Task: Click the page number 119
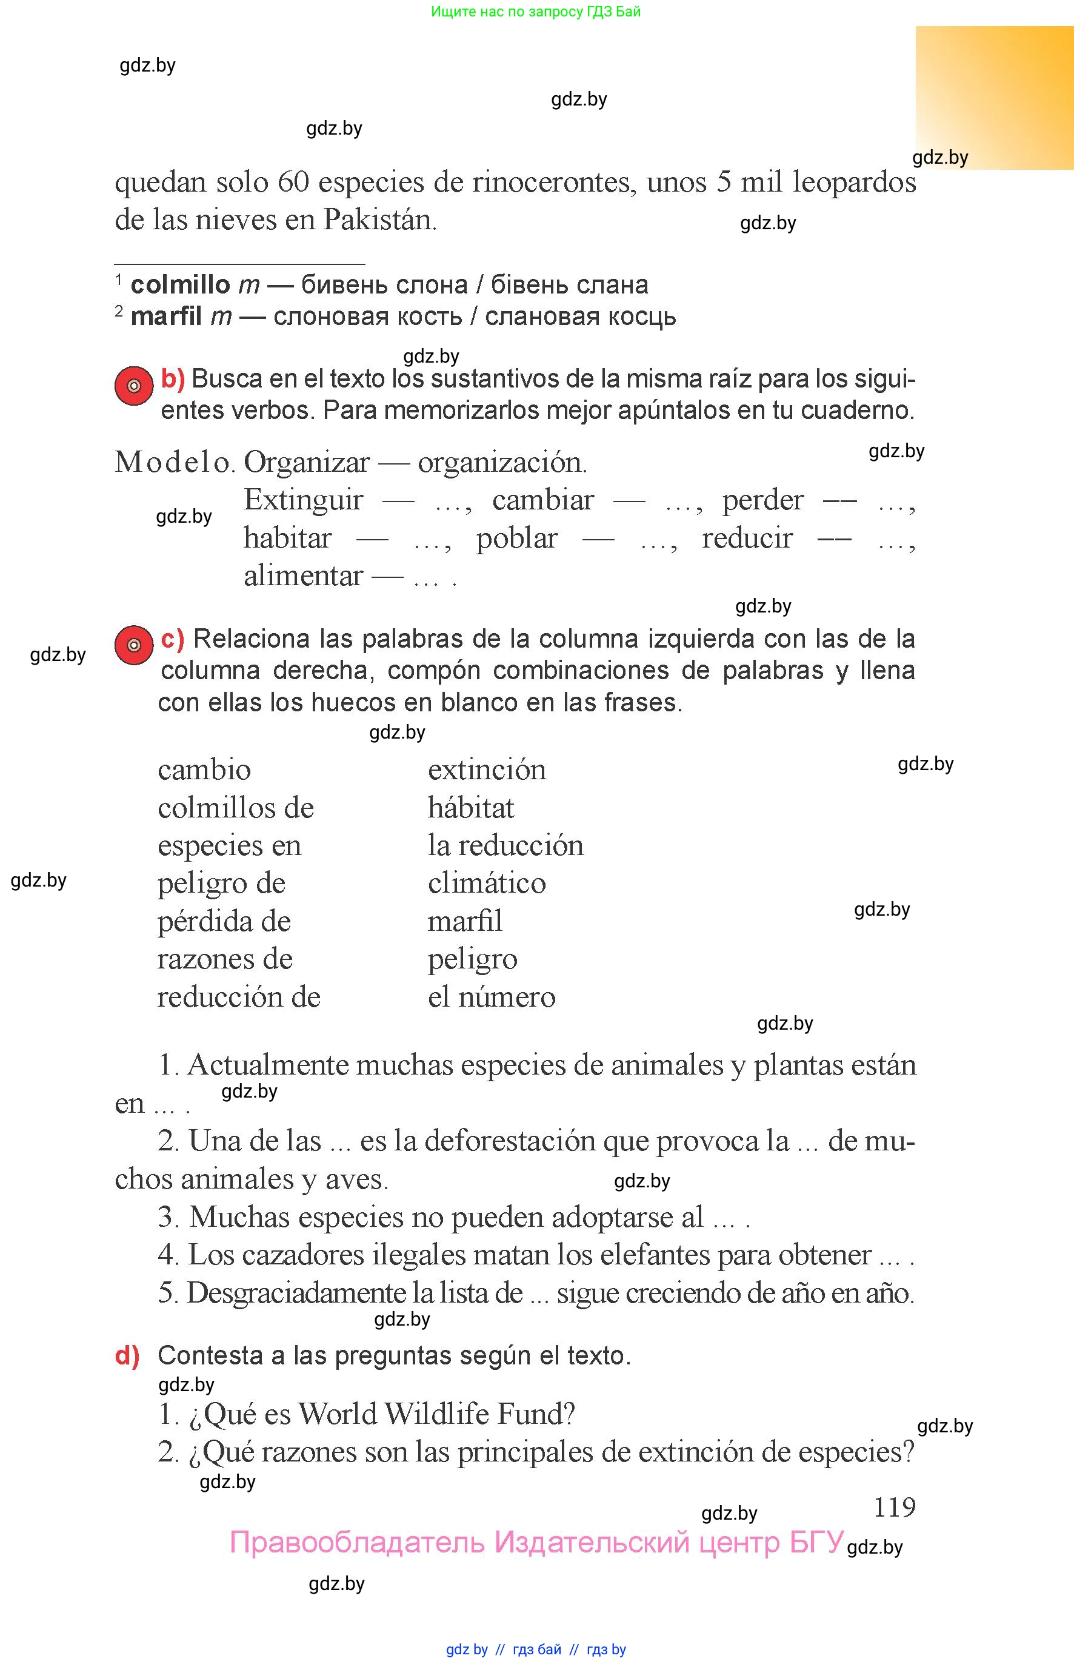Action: (894, 1507)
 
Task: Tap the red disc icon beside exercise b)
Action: (134, 385)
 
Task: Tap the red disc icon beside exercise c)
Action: (134, 645)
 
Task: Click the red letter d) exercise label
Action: (127, 1355)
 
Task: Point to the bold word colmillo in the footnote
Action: (180, 284)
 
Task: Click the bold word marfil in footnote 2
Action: (166, 317)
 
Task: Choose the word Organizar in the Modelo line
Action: (307, 462)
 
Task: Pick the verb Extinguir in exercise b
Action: (304, 500)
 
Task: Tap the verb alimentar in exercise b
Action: (304, 575)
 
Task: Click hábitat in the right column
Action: (471, 808)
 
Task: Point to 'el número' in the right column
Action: (492, 996)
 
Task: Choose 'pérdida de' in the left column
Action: (224, 921)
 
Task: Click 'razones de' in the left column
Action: (225, 959)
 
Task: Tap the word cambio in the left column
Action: (204, 770)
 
